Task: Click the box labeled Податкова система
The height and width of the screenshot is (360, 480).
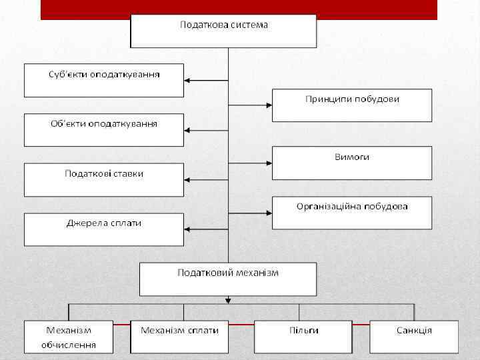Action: coord(223,31)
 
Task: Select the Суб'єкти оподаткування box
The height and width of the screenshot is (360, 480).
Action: coord(104,80)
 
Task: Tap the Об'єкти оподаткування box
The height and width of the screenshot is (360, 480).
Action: coord(104,130)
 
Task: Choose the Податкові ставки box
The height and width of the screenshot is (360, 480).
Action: coord(104,179)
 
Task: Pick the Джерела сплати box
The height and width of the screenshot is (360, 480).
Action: coord(104,229)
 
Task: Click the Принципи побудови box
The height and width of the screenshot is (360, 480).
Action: coord(352,105)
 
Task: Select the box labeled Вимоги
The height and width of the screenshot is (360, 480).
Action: coord(352,163)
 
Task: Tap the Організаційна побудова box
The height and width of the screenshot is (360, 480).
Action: coord(352,213)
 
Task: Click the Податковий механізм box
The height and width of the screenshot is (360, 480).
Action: coord(228,279)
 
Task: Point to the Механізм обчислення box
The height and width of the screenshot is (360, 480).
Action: coord(69,337)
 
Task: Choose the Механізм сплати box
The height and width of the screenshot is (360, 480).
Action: coord(179,337)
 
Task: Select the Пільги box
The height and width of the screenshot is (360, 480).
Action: coord(303,337)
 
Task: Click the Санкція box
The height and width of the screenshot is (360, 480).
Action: coord(414,337)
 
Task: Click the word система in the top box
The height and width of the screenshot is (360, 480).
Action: coord(247,25)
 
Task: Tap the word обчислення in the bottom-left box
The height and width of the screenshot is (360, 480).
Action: coord(69,345)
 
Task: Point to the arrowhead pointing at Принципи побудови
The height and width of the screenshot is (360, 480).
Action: coord(268,105)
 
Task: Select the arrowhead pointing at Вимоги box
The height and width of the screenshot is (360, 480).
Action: coord(268,163)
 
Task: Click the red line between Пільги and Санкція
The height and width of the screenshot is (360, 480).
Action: coord(361,325)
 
